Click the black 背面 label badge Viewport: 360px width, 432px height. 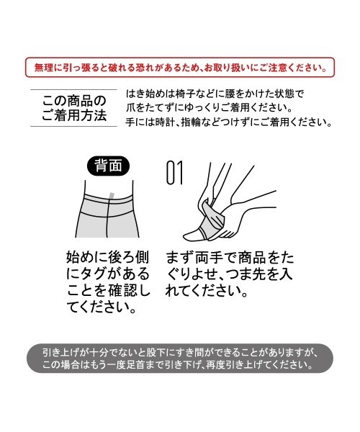[108, 166]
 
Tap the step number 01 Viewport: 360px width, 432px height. [174, 172]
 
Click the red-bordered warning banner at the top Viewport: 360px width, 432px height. [180, 68]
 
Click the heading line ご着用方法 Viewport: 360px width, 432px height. [73, 115]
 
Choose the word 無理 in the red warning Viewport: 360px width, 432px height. [45, 68]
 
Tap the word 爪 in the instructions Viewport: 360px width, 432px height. [132, 108]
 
